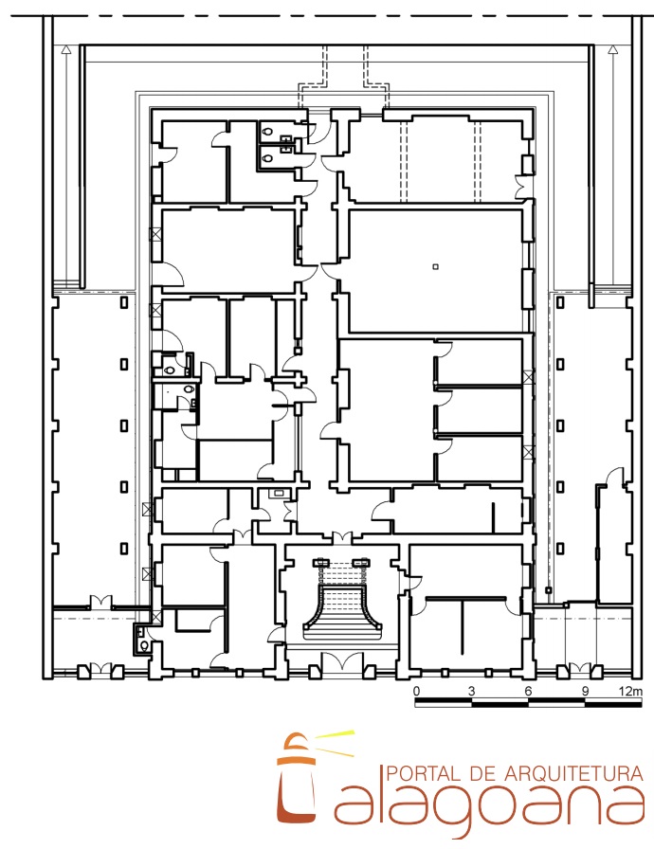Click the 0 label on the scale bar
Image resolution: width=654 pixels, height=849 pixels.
pos(416,691)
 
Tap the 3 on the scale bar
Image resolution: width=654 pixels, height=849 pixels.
pos(472,691)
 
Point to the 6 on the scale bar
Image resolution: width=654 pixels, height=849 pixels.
pos(528,691)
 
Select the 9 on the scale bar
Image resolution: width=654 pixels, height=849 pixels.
pos(585,691)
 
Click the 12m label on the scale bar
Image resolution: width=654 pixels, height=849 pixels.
pos(630,691)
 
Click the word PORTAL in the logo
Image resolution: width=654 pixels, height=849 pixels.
pos(424,772)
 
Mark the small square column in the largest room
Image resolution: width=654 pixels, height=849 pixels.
pos(435,266)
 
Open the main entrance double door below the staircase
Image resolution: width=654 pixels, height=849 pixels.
pos(342,661)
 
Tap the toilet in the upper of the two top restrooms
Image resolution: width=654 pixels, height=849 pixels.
pos(267,131)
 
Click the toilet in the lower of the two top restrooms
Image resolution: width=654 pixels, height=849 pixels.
pos(267,158)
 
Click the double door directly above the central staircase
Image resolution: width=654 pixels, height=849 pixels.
pos(342,537)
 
